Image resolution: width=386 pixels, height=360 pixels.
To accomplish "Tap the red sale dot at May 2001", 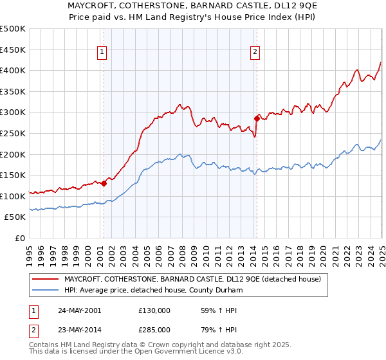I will [x=104, y=183].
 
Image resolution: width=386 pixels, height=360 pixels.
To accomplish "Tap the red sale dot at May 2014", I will [x=257, y=118].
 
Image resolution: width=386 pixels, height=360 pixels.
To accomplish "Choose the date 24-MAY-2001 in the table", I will [x=79, y=310].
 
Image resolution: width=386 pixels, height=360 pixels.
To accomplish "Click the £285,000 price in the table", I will [x=154, y=329].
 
